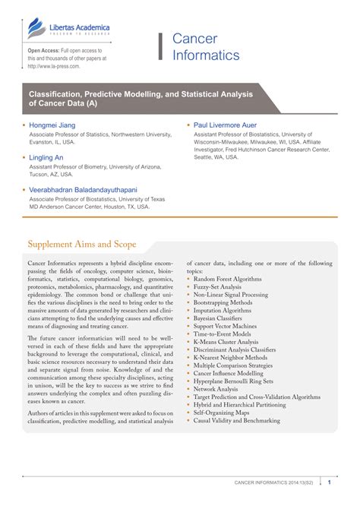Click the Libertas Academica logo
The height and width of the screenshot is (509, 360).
68,30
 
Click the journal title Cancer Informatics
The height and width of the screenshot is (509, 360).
205,47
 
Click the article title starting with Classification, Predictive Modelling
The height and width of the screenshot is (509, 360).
137,94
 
